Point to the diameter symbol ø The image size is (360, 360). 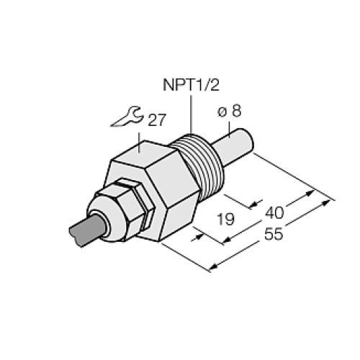click(x=222, y=112)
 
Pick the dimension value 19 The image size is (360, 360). click(x=225, y=216)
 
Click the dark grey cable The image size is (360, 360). click(x=86, y=230)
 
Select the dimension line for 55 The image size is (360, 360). click(x=274, y=230)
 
